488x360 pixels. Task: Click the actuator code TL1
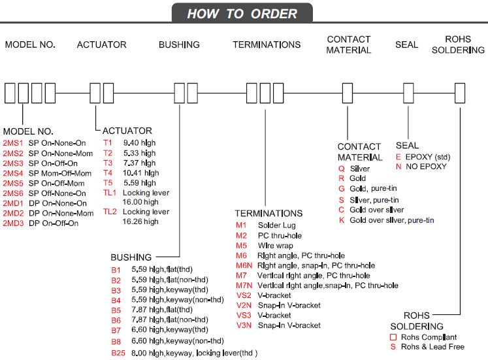(109, 193)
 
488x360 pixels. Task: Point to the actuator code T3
(108, 163)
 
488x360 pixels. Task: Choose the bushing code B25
(118, 353)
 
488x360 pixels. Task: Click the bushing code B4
(116, 300)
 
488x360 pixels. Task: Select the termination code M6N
(244, 265)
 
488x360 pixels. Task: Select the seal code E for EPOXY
(398, 157)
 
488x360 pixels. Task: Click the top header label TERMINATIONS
(267, 44)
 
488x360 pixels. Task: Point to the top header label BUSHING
(179, 44)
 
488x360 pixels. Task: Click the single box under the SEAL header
(408, 93)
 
